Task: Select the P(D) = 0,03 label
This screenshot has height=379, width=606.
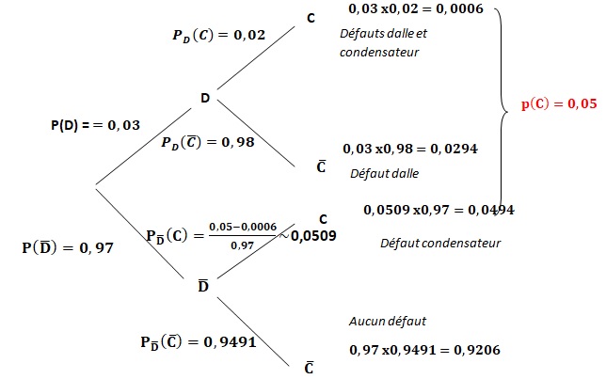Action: (97, 125)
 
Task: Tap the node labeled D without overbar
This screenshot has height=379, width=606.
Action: (204, 98)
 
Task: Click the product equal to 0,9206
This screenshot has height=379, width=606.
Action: (423, 349)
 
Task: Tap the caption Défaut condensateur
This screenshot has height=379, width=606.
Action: (440, 243)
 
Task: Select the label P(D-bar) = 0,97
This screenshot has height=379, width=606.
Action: (67, 248)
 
